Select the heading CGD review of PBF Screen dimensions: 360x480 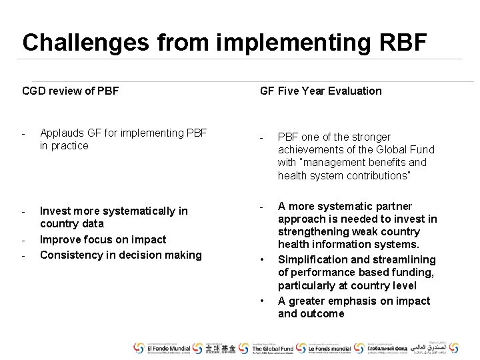click(70, 91)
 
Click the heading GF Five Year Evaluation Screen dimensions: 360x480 click(321, 91)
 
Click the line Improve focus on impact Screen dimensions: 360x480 click(103, 239)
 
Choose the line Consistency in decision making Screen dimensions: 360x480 click(121, 255)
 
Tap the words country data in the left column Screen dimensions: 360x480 click(72, 224)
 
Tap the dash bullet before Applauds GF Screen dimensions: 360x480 click(24, 133)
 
